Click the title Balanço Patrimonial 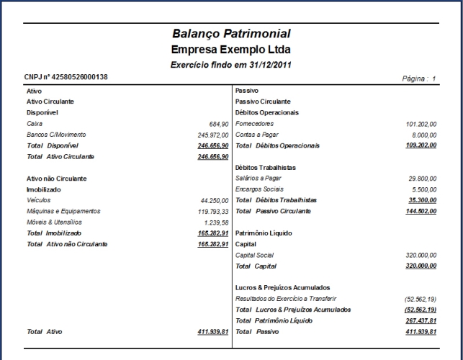(x=231, y=34)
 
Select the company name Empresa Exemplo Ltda (x=231, y=50)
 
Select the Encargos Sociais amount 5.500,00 (x=424, y=189)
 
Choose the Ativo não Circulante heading (x=56, y=178)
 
